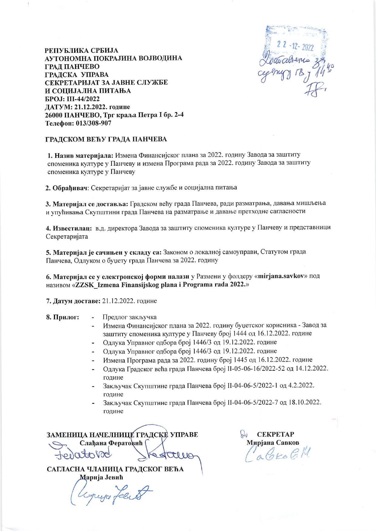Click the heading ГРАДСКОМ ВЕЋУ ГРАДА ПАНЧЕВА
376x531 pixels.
[x=106, y=139]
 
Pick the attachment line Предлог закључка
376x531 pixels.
[x=130, y=317]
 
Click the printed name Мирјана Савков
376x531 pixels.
[x=273, y=442]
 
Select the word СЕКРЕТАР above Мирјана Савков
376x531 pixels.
[x=276, y=434]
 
